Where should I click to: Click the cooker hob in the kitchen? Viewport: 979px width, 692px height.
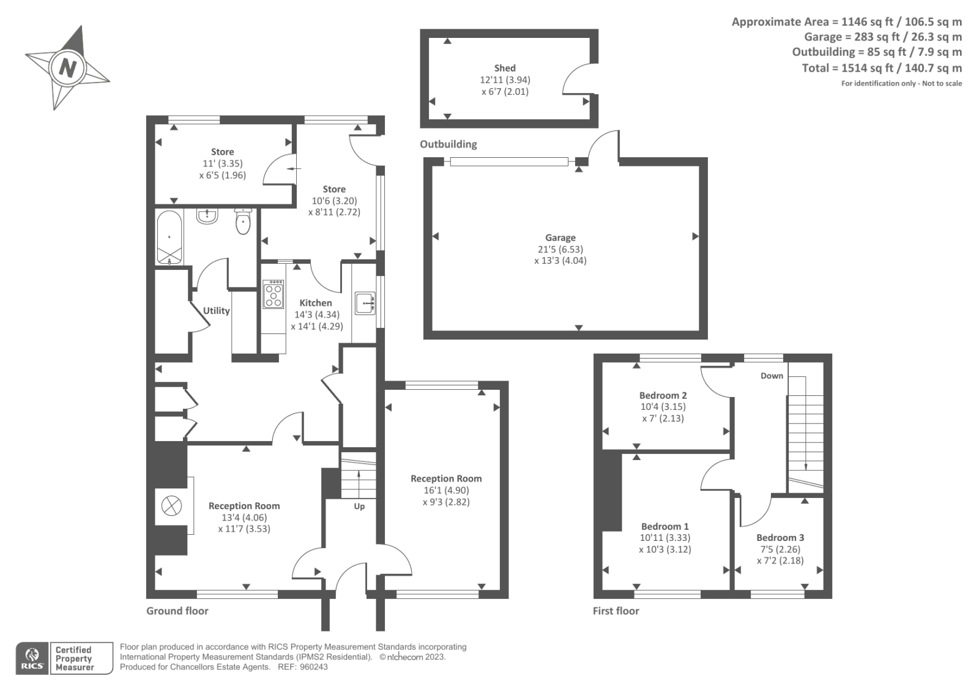coord(274,294)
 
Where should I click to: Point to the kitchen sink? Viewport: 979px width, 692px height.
coord(365,302)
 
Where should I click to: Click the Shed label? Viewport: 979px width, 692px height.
coord(505,68)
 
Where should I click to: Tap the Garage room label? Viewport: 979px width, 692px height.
coord(560,237)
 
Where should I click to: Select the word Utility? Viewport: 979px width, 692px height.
coord(216,311)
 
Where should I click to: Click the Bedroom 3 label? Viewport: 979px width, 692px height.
coord(780,537)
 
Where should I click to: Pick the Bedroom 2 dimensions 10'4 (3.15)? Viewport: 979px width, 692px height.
coord(663,406)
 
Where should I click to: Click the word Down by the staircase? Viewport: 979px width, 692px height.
coord(772,376)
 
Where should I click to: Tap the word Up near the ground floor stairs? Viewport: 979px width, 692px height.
coord(359,506)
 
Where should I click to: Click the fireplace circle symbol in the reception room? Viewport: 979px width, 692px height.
coord(171,506)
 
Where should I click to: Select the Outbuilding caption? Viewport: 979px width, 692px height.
coord(448,144)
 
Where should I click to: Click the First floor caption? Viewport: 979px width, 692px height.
coord(616,611)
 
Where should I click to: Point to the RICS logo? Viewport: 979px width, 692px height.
coord(32,658)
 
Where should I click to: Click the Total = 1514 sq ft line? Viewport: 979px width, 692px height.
coord(881,68)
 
